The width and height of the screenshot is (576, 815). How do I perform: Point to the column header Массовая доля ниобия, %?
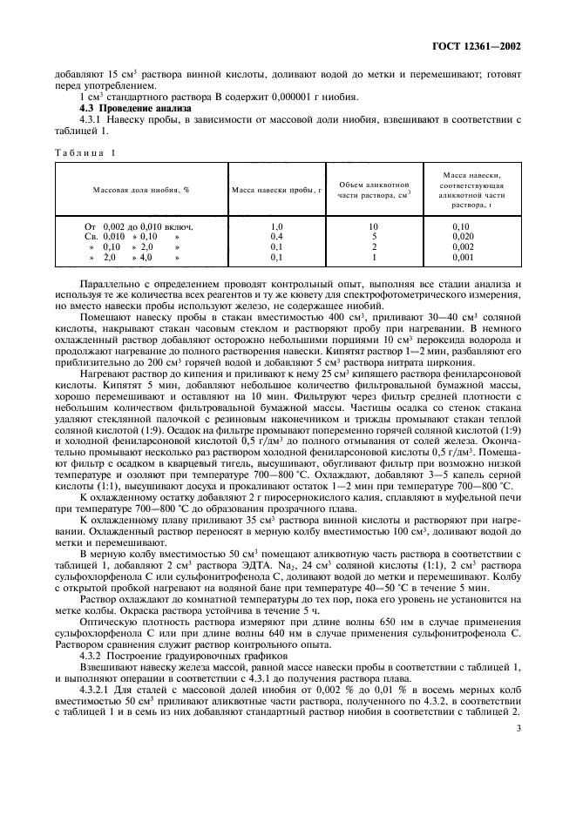pos(141,189)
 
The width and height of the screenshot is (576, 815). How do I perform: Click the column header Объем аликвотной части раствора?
pos(374,189)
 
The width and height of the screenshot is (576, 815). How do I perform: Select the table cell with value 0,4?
pos(276,236)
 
